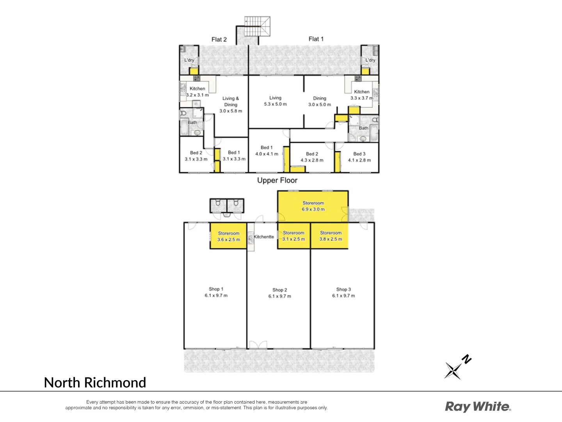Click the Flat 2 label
pos(219,39)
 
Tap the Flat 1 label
pos(316,39)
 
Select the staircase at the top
pos(257,26)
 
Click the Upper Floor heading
pos(277,181)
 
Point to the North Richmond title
pos(95,383)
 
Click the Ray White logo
pos(478,407)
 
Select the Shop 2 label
pos(279,290)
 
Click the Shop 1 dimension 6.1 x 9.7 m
pos(216,295)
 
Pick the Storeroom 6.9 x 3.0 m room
pos(313,206)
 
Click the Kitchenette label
pos(264,237)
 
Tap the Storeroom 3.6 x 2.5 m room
pos(228,236)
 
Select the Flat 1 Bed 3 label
pos(359,154)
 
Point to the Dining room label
pos(319,98)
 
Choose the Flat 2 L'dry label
pos(189,60)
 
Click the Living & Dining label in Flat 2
pos(231,102)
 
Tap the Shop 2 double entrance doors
pos(258,345)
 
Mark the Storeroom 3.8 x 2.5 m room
pos(330,236)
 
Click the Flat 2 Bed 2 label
pos(196,153)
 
